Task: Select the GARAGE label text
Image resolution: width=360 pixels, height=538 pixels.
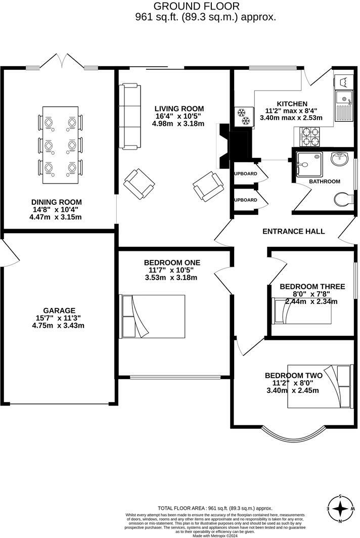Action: [59, 310]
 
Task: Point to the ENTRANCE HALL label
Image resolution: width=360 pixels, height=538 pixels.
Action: [293, 231]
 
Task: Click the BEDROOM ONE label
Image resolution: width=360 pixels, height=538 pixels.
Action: [172, 262]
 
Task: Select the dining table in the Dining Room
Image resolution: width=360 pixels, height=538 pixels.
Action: [60, 145]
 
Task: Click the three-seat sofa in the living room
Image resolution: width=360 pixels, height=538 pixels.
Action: [129, 116]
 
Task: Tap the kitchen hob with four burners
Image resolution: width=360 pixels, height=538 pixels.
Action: [310, 136]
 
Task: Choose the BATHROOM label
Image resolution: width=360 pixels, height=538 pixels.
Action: [325, 181]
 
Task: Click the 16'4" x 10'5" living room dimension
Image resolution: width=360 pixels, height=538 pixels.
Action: [179, 116]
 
